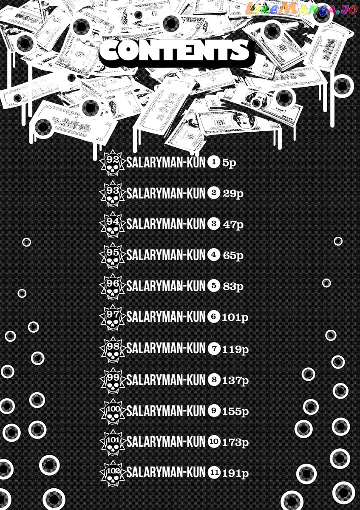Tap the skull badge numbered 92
(113, 162)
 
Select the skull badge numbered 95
(113, 255)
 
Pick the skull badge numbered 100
(113, 411)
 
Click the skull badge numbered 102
(113, 473)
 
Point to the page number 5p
(229, 163)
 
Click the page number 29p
(233, 194)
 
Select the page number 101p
(235, 317)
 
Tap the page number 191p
(235, 473)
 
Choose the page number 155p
(235, 411)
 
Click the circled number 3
(214, 224)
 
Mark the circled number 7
(214, 348)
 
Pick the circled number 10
(214, 442)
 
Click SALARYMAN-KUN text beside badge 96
(166, 286)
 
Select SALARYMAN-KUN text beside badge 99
(166, 380)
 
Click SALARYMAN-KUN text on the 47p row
(166, 224)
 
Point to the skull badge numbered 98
(113, 349)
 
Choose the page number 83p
(233, 286)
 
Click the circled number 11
(214, 473)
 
